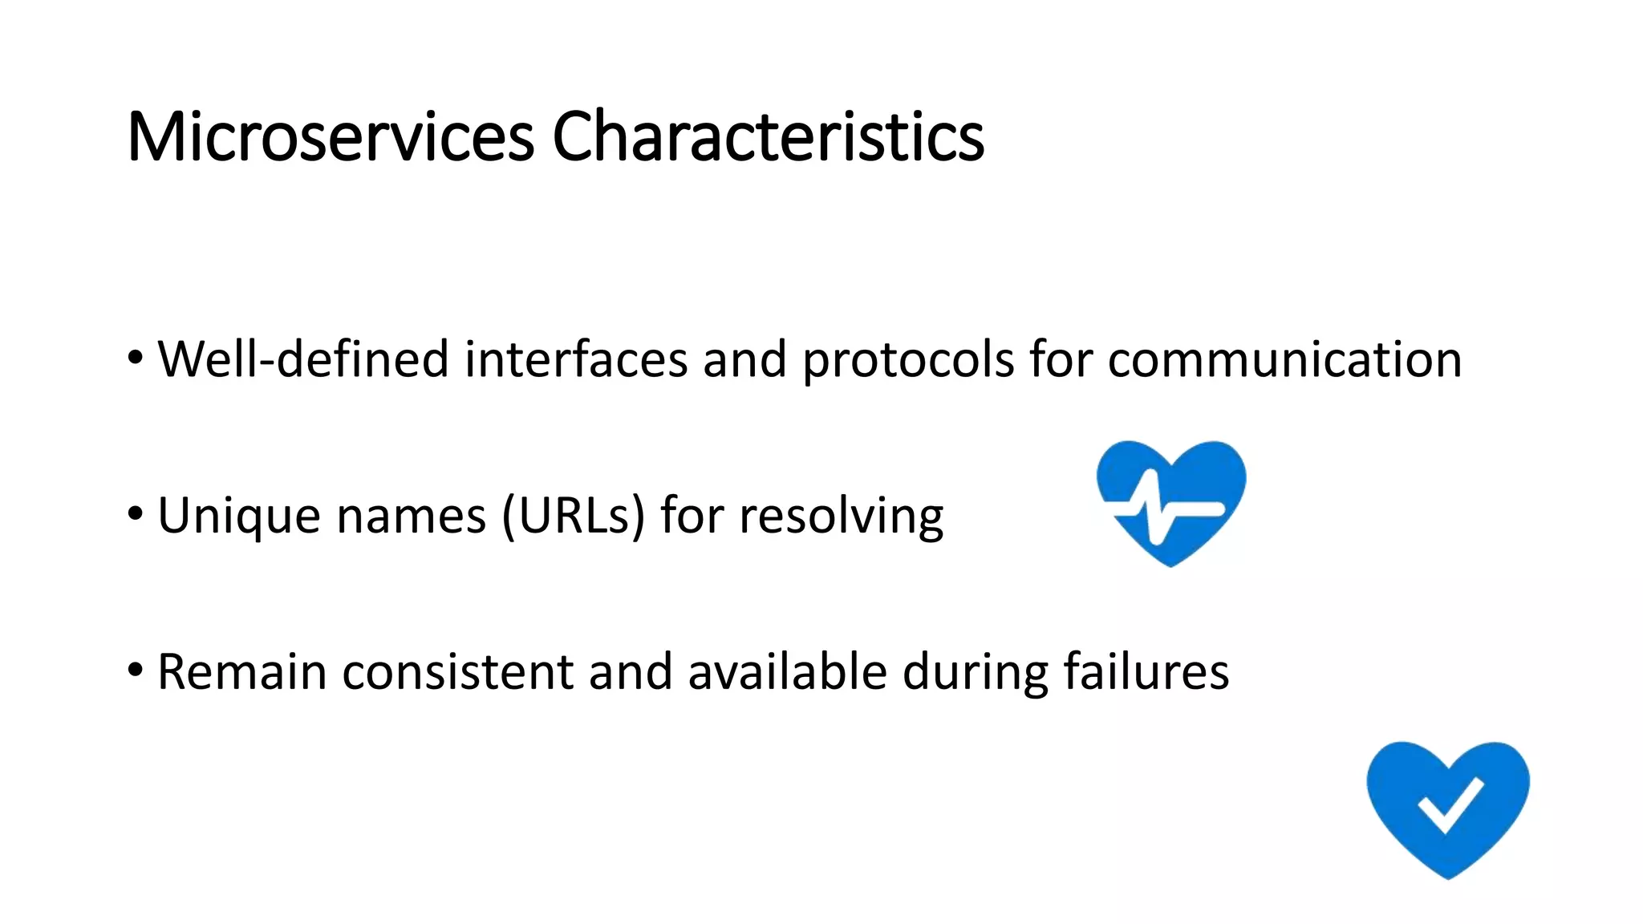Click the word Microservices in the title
pos(330,137)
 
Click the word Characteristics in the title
pos(768,137)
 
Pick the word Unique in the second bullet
pos(238,516)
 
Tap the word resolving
pos(841,516)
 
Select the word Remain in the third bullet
pos(241,671)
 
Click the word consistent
pos(457,671)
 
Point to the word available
pos(787,671)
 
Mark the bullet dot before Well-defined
pos(136,356)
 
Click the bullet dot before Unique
pos(136,513)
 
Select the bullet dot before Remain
pos(136,668)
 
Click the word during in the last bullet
pos(975,671)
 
